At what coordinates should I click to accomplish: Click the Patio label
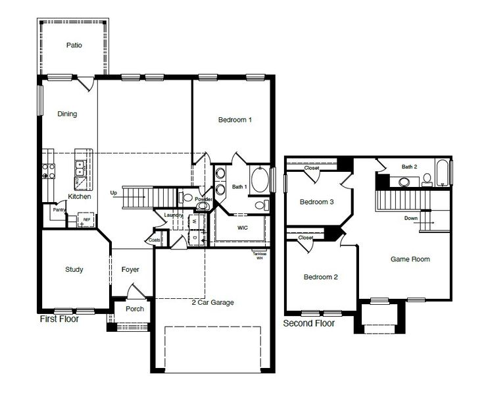point(74,45)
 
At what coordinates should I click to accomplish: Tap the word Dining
point(67,114)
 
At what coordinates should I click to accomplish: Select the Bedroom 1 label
point(235,120)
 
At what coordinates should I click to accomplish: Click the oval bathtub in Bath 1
point(261,180)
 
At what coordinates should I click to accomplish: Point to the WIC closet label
point(241,228)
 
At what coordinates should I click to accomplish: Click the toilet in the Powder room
point(187,197)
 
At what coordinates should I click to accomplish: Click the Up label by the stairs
point(114,194)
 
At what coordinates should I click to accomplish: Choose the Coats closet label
point(155,240)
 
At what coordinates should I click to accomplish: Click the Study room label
point(74,269)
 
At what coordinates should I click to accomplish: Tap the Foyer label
point(130,269)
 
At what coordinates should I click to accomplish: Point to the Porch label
point(134,309)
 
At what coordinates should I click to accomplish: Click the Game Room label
point(410,259)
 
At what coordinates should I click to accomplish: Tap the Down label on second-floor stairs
point(410,218)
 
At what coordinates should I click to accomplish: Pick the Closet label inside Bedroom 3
point(311,168)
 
